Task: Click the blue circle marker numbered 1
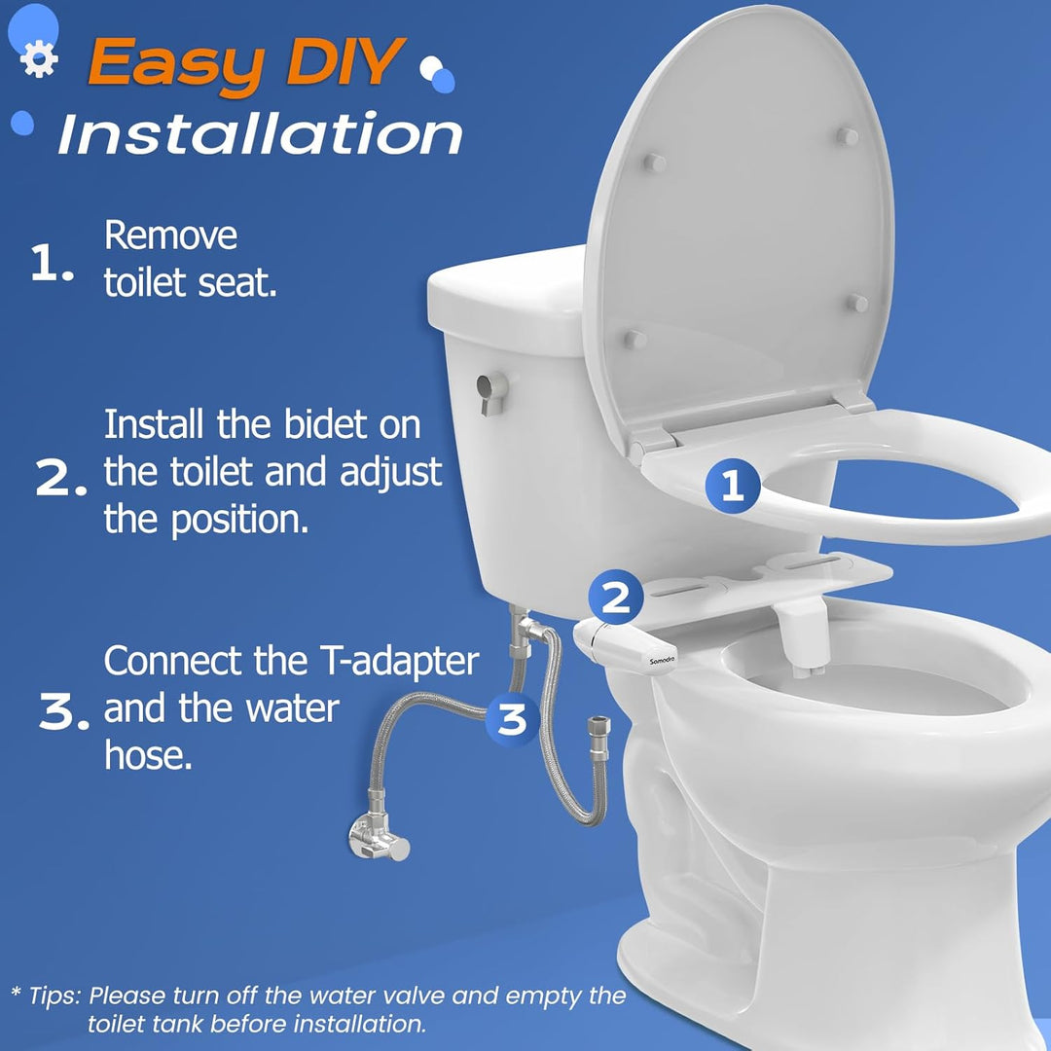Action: pyautogui.click(x=732, y=485)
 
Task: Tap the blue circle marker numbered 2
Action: pyautogui.click(x=615, y=598)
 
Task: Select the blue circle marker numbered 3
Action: pyautogui.click(x=512, y=719)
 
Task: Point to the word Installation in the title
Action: pyautogui.click(x=260, y=134)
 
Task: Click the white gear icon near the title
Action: pyautogui.click(x=39, y=61)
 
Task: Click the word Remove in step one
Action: pyautogui.click(x=170, y=236)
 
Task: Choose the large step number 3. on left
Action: pyautogui.click(x=68, y=713)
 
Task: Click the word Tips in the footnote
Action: pyautogui.click(x=54, y=996)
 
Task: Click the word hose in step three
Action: pyautogui.click(x=148, y=756)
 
